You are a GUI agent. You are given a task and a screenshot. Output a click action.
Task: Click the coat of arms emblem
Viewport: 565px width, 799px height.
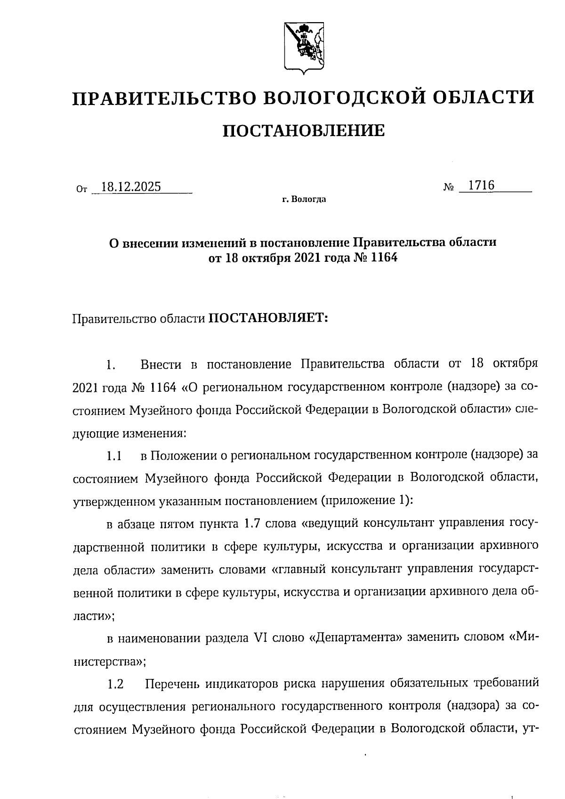tap(303, 47)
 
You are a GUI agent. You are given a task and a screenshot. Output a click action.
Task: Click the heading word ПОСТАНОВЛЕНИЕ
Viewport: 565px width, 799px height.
tap(303, 130)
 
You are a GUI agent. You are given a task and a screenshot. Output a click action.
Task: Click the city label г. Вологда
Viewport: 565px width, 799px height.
tap(304, 200)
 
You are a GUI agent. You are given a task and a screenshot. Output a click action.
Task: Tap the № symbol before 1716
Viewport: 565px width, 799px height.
tap(448, 187)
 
